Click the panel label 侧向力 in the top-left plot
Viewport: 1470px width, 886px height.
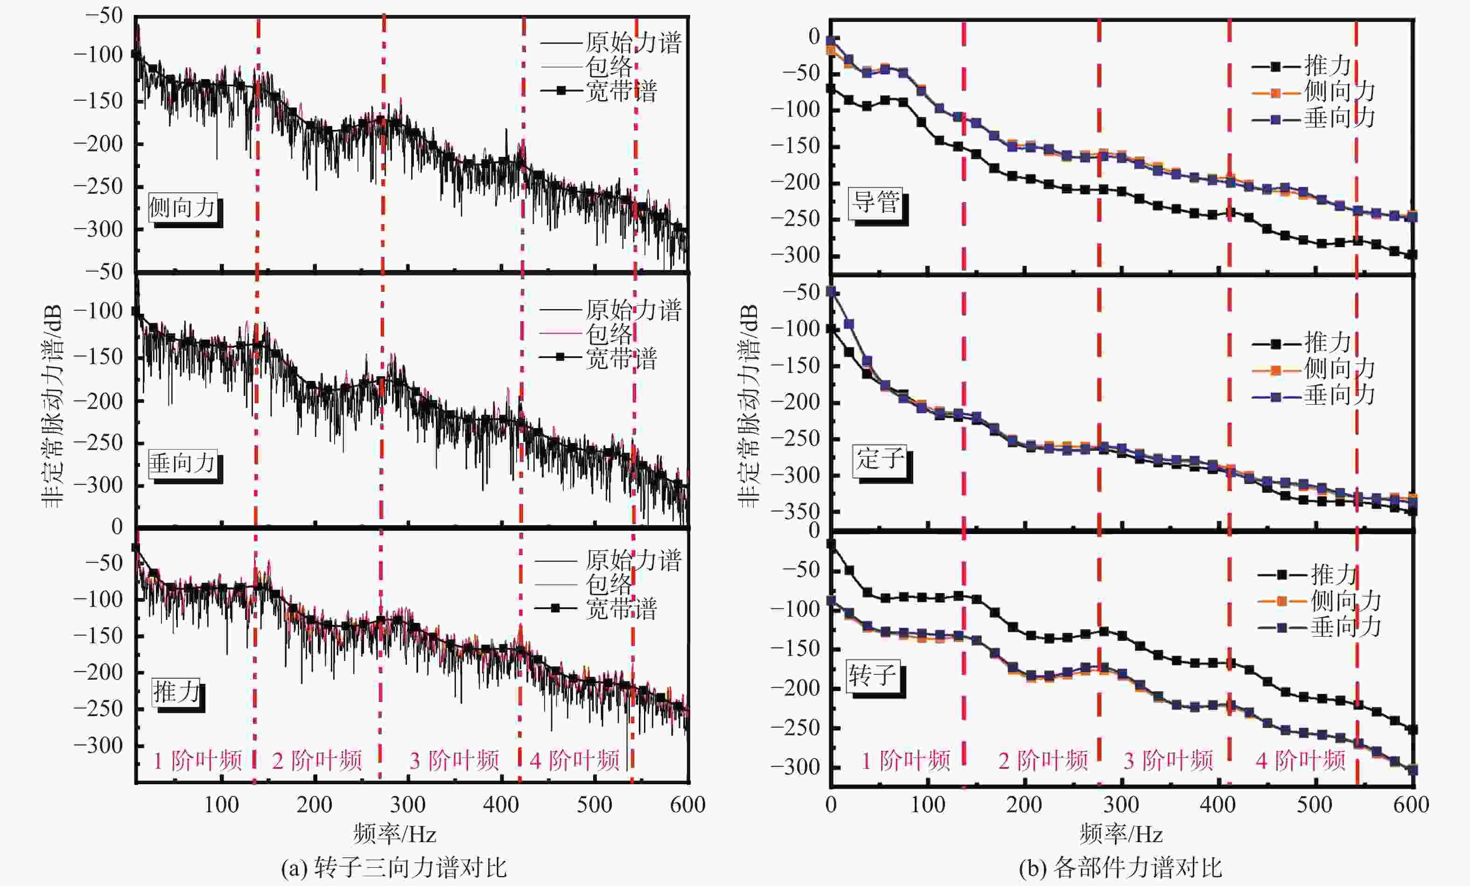point(182,208)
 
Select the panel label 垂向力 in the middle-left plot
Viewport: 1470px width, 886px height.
point(182,464)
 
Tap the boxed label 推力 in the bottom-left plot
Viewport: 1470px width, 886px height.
point(176,692)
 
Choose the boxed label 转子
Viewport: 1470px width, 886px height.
point(873,676)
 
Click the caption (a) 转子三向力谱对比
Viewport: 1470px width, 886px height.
point(394,867)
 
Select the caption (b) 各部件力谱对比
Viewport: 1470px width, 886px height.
point(1120,867)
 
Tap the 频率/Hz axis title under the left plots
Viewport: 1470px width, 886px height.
point(394,834)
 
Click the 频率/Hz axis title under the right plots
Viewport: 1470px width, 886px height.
point(1121,834)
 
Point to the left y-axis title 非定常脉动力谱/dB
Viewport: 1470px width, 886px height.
point(52,406)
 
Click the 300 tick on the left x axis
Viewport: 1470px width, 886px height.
point(408,805)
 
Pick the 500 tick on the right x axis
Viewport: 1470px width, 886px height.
point(1314,805)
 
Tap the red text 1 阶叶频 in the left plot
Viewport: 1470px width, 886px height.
point(197,761)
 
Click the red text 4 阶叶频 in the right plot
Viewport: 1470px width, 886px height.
point(1301,761)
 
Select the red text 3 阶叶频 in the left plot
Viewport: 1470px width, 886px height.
point(454,761)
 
